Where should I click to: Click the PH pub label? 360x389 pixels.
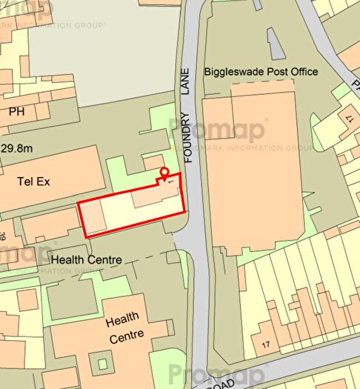(x=17, y=113)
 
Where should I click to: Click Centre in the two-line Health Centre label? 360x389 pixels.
(x=122, y=338)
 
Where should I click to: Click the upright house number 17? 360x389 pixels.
(x=267, y=345)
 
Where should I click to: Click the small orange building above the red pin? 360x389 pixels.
(x=154, y=161)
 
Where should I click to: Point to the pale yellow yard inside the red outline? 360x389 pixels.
(x=119, y=216)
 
